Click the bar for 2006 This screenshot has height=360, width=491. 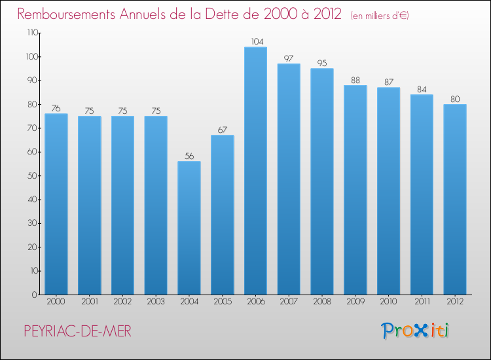pyautogui.click(x=255, y=171)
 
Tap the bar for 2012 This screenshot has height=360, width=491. pyautogui.click(x=455, y=200)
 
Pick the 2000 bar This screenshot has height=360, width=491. pyautogui.click(x=56, y=204)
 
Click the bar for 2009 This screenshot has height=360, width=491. pyautogui.click(x=355, y=190)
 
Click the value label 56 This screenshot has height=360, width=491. pyautogui.click(x=189, y=156)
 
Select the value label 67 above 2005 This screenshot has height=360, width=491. pyautogui.click(x=222, y=130)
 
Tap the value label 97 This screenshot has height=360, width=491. pyautogui.click(x=289, y=58)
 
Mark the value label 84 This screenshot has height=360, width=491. pyautogui.click(x=422, y=89)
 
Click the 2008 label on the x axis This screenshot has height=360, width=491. pyautogui.click(x=322, y=301)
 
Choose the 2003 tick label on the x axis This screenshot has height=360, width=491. pyautogui.click(x=155, y=301)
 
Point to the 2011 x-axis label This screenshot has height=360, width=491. pyautogui.click(x=422, y=301)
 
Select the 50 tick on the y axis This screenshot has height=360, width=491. pyautogui.click(x=31, y=176)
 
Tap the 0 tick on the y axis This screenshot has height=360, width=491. pyautogui.click(x=33, y=295)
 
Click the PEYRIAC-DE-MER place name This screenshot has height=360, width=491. pyautogui.click(x=77, y=332)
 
